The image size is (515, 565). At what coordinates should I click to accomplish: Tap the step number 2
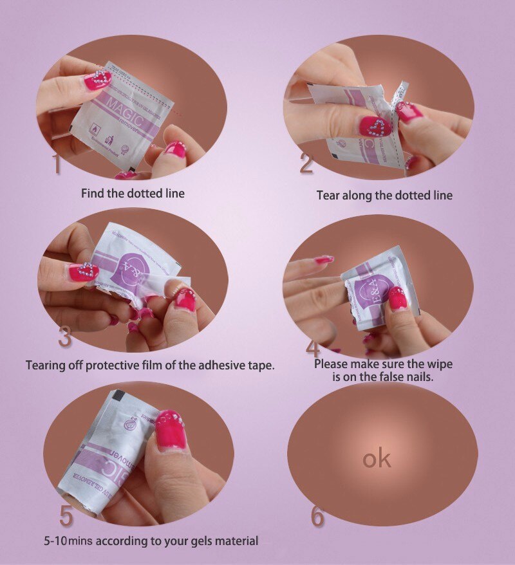(306, 163)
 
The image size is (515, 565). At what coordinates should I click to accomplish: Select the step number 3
(64, 336)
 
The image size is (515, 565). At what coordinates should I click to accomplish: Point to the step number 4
(313, 348)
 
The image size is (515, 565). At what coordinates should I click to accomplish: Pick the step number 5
(66, 515)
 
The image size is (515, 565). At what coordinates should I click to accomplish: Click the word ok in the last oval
(377, 459)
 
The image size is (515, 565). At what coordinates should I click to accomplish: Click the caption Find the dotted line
(133, 193)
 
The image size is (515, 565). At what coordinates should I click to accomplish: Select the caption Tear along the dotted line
(384, 195)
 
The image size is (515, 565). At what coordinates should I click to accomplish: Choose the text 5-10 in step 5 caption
(55, 541)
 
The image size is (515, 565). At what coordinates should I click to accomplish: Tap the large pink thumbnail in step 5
(171, 429)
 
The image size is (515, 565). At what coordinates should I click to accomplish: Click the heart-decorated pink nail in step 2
(375, 126)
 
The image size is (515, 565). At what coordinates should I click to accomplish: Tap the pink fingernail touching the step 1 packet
(97, 80)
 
